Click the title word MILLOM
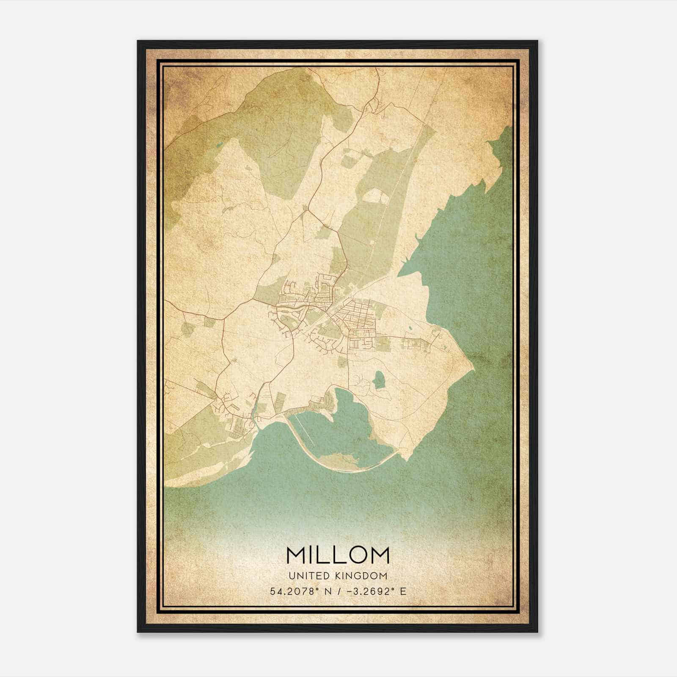coord(338,555)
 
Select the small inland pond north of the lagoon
coord(379,379)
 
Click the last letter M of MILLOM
coord(380,555)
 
